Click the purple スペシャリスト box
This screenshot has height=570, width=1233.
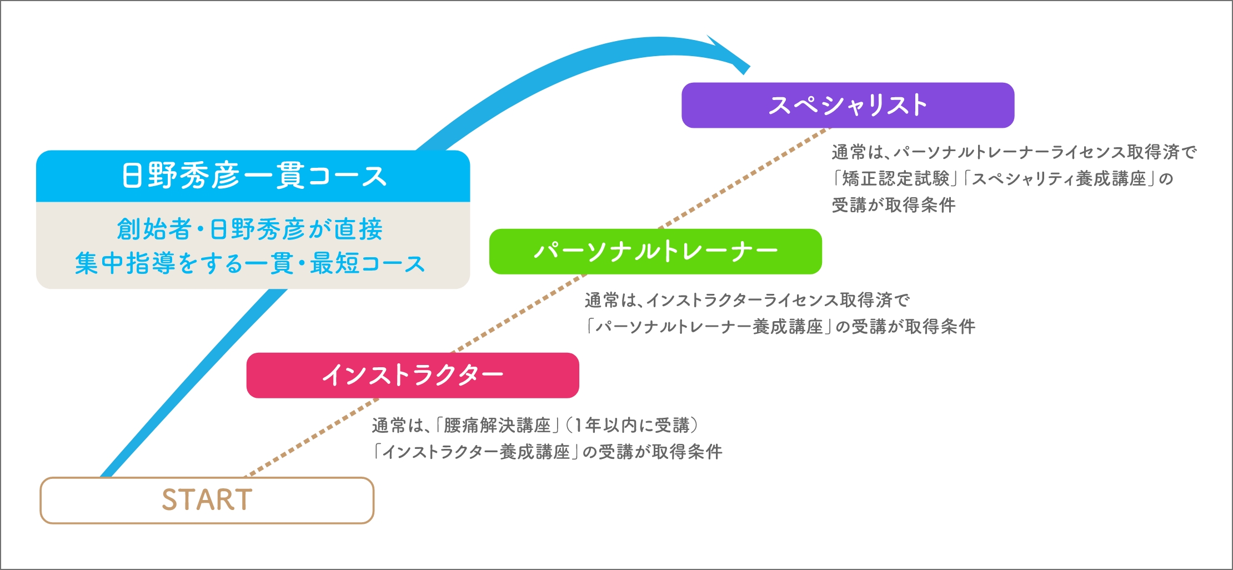[848, 105]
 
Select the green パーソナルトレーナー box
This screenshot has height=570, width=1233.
[655, 251]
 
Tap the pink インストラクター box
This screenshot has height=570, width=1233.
[413, 375]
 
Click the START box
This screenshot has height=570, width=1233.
[207, 500]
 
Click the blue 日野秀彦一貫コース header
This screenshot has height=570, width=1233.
[253, 176]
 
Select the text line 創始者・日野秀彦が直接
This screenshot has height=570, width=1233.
[250, 229]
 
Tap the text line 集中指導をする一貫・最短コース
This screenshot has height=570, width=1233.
[250, 263]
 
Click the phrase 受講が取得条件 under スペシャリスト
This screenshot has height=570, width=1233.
[894, 205]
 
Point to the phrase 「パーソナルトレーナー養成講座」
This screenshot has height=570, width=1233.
[709, 326]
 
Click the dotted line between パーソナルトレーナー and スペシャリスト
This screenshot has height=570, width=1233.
[744, 178]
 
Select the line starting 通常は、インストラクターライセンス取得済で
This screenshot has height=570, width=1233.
[747, 300]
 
